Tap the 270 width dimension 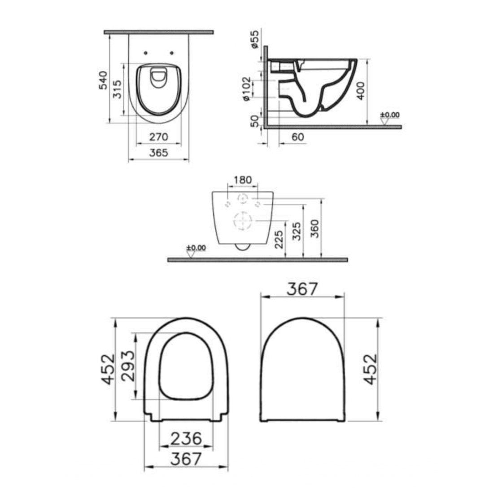[x=158, y=136]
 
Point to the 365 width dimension [x=158, y=153]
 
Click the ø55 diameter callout [x=254, y=40]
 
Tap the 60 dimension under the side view [x=297, y=137]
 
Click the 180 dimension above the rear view [x=243, y=179]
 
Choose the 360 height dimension [x=315, y=229]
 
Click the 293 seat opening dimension [x=128, y=365]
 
